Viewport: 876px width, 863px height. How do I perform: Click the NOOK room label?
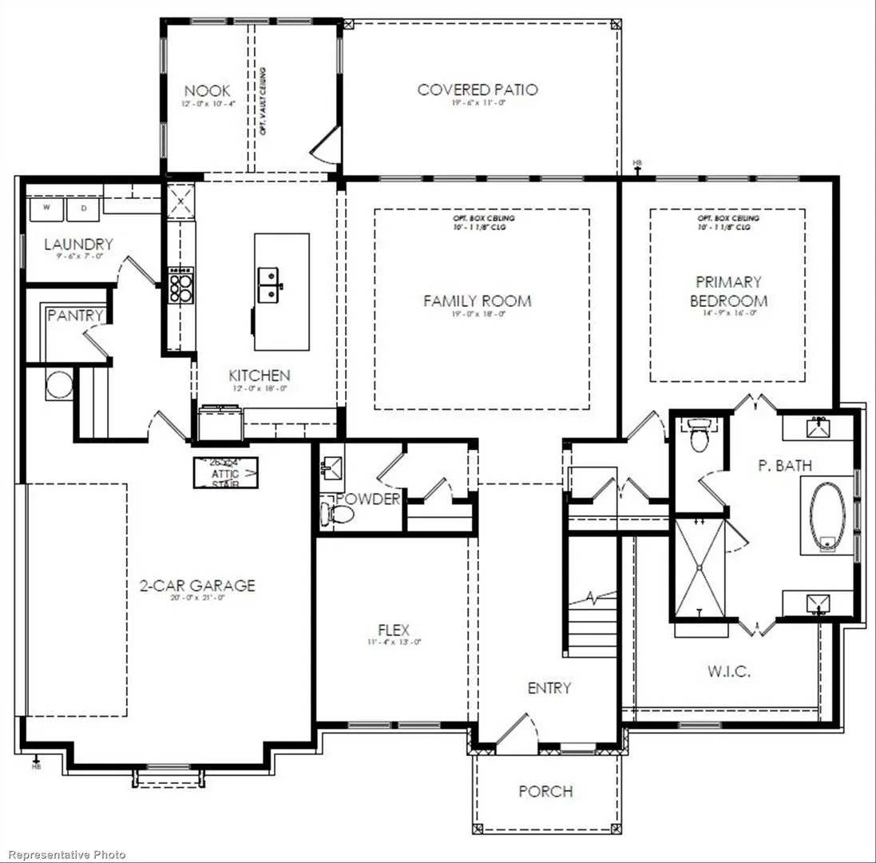tap(203, 90)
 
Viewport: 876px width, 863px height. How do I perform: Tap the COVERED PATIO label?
tap(478, 89)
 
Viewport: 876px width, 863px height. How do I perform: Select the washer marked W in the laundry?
tap(46, 209)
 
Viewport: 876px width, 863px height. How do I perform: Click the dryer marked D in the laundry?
tap(82, 209)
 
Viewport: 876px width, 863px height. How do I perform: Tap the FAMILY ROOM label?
tap(477, 301)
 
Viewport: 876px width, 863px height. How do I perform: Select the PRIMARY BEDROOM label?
tap(728, 292)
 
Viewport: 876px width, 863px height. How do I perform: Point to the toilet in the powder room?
tap(330, 511)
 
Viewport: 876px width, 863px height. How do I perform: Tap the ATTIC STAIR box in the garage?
tap(225, 472)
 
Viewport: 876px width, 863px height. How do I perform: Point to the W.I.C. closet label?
tap(728, 671)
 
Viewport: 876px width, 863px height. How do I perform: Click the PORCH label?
tap(545, 791)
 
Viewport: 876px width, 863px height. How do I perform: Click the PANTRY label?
tap(75, 316)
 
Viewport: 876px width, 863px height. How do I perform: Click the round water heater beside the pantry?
tap(59, 385)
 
